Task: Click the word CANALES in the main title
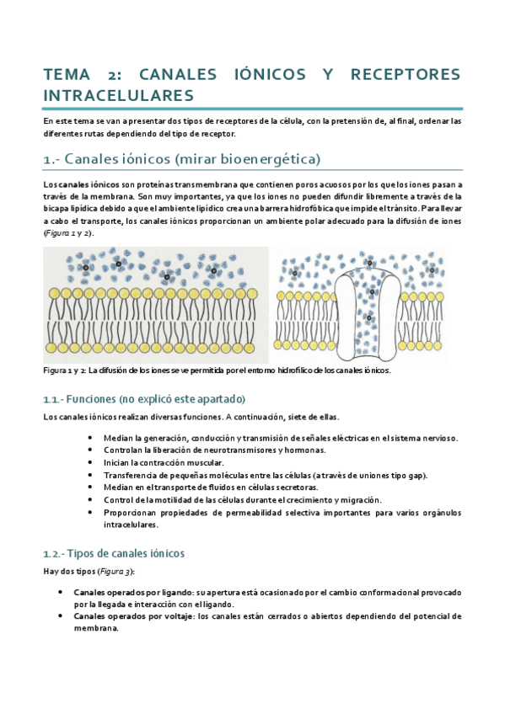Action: [181, 74]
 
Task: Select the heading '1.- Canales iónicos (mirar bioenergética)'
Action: [181, 159]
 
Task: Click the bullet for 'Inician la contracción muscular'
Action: [90, 462]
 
